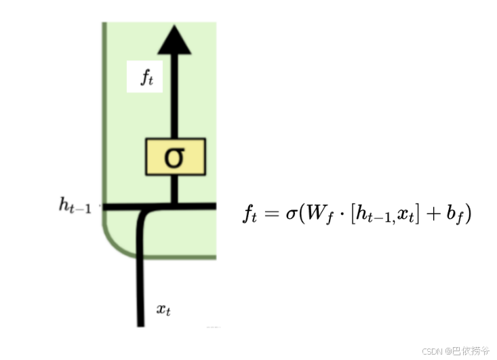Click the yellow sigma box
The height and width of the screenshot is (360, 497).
[x=174, y=157]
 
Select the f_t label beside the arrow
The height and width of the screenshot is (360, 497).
[x=146, y=77]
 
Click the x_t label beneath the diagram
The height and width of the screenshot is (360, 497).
[x=163, y=310]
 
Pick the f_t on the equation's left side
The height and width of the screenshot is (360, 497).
[x=251, y=214]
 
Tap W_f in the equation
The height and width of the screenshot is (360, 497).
[x=314, y=214]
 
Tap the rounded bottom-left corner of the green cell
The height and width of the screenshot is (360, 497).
[x=112, y=244]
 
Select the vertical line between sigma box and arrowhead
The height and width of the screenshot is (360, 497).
[x=174, y=102]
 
